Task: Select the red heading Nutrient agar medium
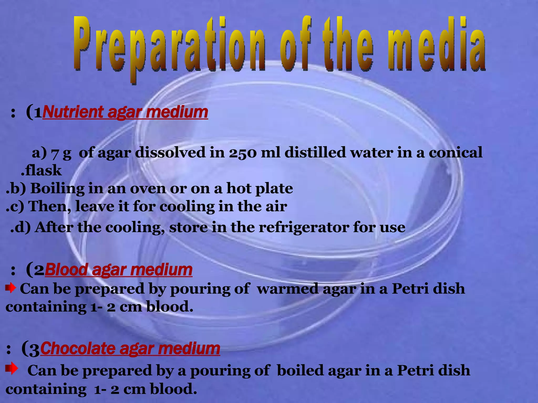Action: [125, 112]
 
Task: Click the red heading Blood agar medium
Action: [118, 270]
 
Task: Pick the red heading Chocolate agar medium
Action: [130, 349]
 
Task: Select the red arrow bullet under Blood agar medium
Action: [11, 288]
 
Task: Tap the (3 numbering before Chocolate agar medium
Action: [30, 349]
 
